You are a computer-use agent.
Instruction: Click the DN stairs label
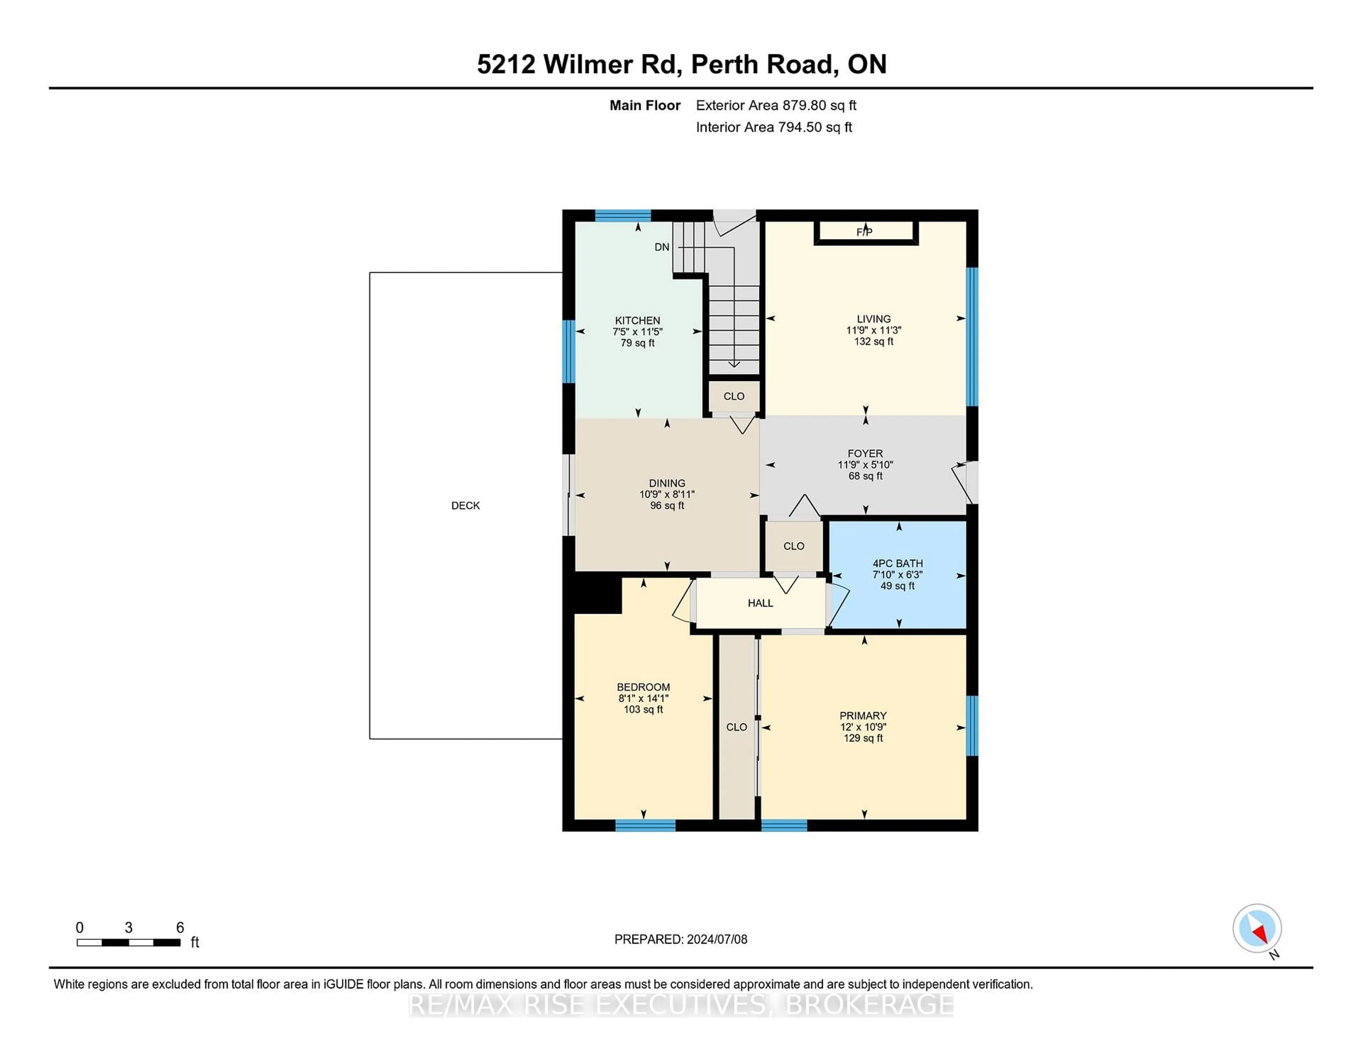[x=661, y=247]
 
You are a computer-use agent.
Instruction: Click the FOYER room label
[x=865, y=453]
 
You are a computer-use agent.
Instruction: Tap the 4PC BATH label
[x=897, y=563]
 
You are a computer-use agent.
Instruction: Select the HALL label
[x=760, y=603]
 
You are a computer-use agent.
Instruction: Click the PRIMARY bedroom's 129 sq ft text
[x=863, y=738]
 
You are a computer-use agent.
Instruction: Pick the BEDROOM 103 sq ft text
[x=643, y=709]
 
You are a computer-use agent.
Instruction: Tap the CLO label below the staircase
[x=734, y=397]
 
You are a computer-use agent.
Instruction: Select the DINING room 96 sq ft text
[x=667, y=505]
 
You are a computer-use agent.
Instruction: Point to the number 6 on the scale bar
[x=179, y=928]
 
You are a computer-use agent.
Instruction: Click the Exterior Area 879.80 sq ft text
[x=776, y=105]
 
